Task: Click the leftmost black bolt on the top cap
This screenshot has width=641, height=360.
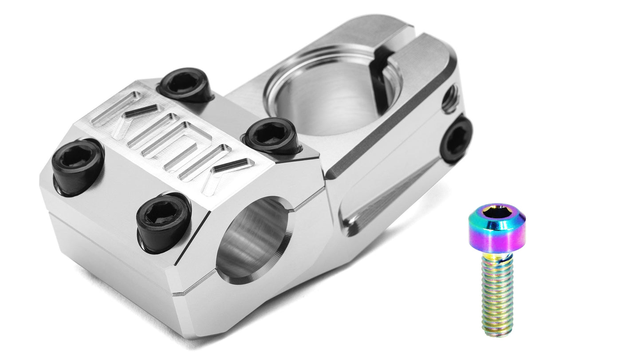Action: point(78,166)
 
